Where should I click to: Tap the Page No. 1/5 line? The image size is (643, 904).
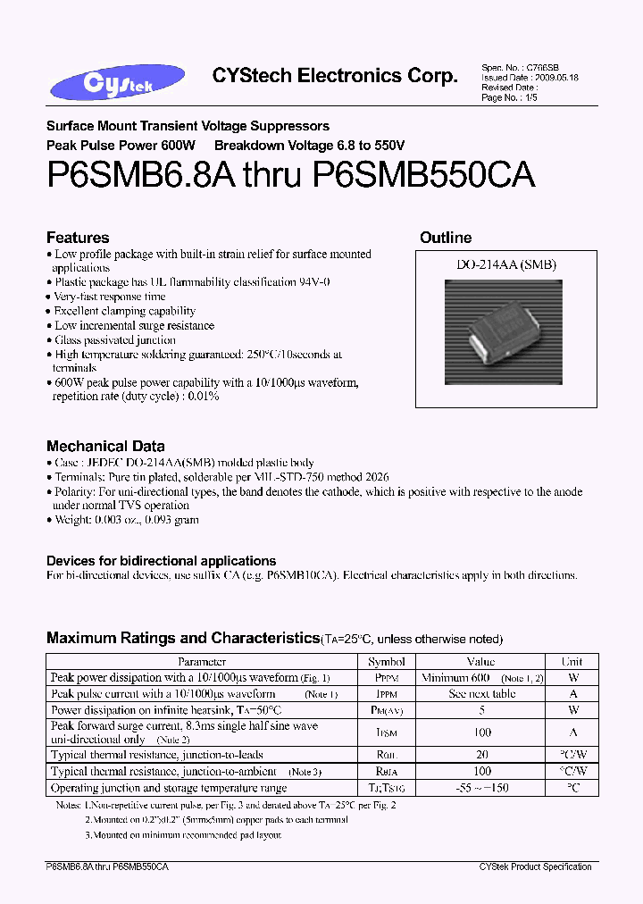point(511,97)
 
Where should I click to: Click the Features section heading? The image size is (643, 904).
point(78,238)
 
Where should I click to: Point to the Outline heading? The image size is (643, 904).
point(446,238)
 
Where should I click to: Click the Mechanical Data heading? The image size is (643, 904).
point(105,446)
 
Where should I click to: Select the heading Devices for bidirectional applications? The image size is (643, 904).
point(161,561)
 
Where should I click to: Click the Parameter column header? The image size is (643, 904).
point(202,662)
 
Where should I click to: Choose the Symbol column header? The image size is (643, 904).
point(387,662)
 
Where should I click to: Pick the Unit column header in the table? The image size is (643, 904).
point(572,662)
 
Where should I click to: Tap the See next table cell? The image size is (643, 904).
point(480,694)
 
